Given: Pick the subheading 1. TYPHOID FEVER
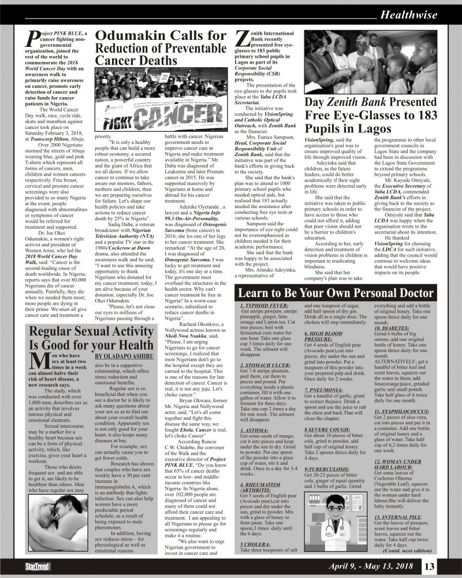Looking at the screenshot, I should tap(262, 305).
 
